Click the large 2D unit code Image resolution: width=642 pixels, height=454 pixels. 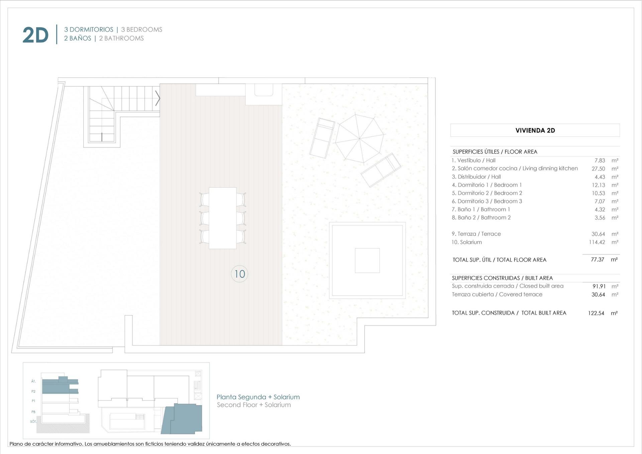(x=35, y=35)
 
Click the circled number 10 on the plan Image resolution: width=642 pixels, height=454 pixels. (x=239, y=274)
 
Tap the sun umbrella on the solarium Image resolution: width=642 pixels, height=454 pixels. (x=359, y=138)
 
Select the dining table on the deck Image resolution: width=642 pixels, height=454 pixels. (x=223, y=218)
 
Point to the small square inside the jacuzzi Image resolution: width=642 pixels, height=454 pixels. (x=367, y=260)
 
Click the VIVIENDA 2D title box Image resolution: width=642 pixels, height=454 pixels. (x=535, y=130)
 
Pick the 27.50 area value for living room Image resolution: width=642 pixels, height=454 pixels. (x=598, y=169)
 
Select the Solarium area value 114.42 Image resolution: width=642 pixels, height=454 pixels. (x=597, y=242)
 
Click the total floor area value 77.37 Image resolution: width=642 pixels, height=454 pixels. (x=598, y=260)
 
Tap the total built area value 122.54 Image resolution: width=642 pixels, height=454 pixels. (x=596, y=313)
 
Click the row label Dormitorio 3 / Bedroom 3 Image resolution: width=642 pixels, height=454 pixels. (x=487, y=201)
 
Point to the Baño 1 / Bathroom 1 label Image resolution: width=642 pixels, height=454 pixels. (x=481, y=209)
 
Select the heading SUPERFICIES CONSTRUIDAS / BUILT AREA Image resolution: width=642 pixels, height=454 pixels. (x=502, y=278)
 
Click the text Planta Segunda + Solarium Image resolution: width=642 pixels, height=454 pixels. (x=258, y=397)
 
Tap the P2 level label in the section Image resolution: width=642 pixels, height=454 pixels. (x=33, y=391)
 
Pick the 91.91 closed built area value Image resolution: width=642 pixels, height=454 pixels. (x=599, y=286)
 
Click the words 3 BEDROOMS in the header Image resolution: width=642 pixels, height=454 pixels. (x=141, y=29)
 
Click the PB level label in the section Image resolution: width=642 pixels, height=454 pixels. (x=33, y=412)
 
